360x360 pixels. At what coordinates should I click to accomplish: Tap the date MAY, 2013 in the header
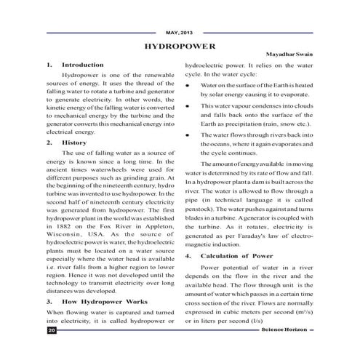180,32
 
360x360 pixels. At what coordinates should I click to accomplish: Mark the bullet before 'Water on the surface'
188,84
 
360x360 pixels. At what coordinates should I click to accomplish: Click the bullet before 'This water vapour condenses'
188,106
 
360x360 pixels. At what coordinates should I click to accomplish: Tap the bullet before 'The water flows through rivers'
188,135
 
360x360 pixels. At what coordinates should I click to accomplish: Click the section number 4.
188,256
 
